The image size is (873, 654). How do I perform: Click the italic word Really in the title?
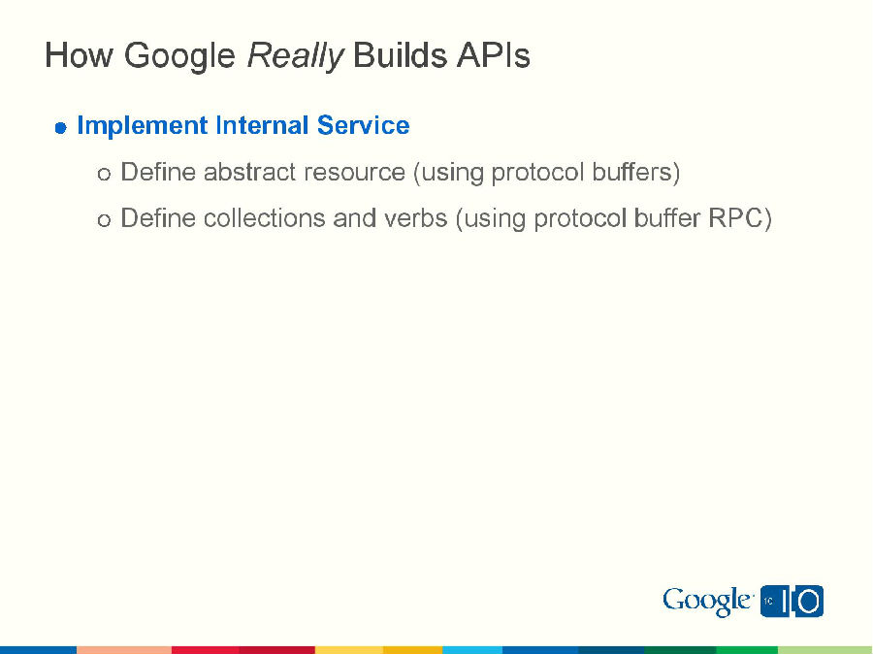tap(295, 56)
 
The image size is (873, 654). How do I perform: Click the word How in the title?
tap(79, 56)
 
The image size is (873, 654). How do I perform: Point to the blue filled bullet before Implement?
tap(60, 127)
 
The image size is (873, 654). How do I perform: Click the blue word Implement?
tap(142, 126)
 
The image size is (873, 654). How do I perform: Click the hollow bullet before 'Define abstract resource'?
tap(104, 174)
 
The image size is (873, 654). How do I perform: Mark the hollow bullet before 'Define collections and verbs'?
tap(104, 220)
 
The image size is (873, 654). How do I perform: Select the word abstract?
tap(249, 173)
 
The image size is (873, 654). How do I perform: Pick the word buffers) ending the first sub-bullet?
tap(637, 173)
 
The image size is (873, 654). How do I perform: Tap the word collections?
tap(265, 218)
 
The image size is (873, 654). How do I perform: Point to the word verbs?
tap(415, 218)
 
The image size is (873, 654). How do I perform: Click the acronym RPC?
tap(740, 218)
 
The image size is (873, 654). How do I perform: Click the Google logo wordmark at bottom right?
tap(707, 602)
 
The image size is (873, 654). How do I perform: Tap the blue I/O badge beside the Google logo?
tap(792, 602)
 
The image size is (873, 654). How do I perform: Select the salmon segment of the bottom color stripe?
tap(124, 649)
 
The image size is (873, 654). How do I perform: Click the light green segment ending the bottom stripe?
tap(824, 649)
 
